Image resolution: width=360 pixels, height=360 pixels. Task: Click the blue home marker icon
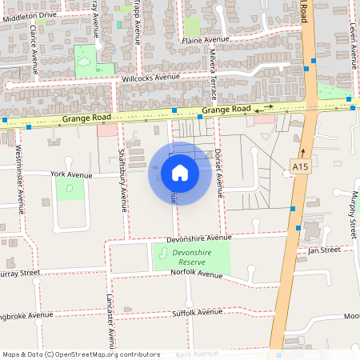tap(179, 173)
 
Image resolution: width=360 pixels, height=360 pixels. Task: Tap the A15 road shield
tap(300, 166)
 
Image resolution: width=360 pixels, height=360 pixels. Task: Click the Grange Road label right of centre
tap(226, 110)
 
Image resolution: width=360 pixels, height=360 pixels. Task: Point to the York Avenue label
tap(71, 174)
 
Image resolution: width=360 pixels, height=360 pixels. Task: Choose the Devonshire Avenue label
tap(198, 238)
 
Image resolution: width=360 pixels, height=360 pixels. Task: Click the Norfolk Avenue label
tap(197, 274)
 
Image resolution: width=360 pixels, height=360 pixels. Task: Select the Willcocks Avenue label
tap(150, 78)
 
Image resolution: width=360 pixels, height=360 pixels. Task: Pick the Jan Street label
tap(324, 250)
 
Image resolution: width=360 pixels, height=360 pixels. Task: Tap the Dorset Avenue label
tap(218, 171)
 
